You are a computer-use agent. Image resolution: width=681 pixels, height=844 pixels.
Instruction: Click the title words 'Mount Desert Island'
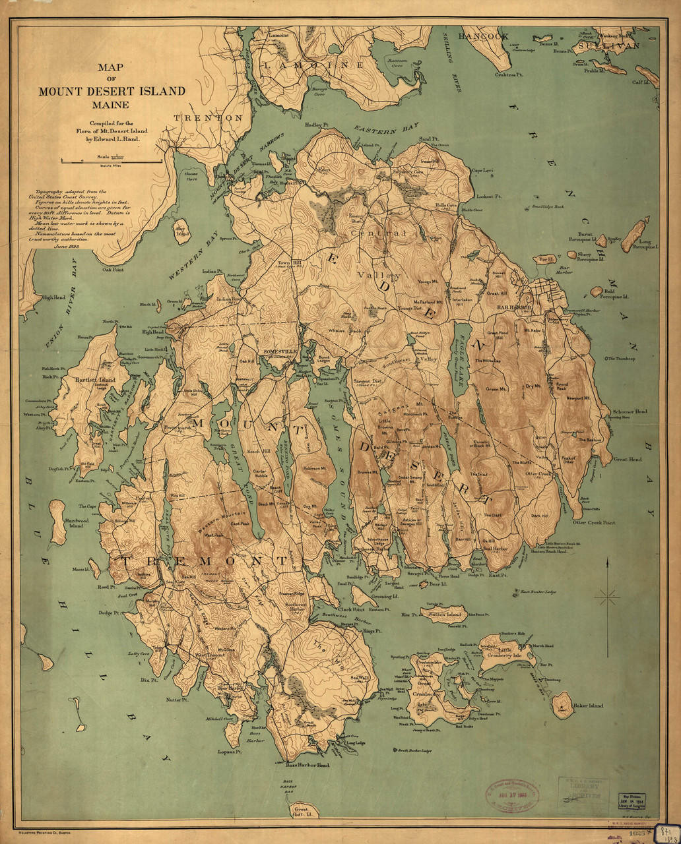(x=111, y=91)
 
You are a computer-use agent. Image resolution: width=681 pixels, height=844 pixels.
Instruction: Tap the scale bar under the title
(x=111, y=161)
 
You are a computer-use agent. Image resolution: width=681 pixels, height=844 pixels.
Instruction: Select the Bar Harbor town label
(x=514, y=307)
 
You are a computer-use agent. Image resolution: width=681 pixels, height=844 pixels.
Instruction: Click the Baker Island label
(x=589, y=706)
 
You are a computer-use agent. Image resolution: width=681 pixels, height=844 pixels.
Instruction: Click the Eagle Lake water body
(x=464, y=359)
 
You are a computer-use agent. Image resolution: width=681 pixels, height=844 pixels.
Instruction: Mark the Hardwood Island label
(x=75, y=524)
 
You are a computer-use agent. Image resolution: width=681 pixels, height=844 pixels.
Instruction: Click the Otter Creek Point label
(x=593, y=522)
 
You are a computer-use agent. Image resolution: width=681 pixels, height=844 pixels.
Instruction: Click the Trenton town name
(x=208, y=117)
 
